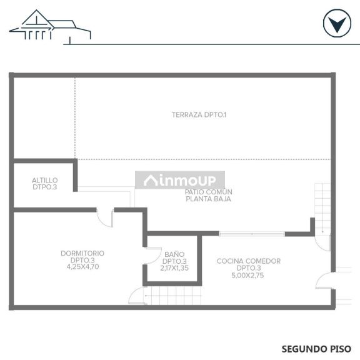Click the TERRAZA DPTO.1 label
pos(199,114)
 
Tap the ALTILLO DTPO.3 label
pos(45,184)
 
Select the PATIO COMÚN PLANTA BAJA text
pos(209,195)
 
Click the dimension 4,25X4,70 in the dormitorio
pos(82,266)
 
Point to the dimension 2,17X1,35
pos(174,268)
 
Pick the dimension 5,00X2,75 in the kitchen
pos(247,275)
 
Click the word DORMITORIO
pos(82,253)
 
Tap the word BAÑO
pos(174,254)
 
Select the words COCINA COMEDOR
pos(249,261)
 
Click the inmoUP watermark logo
pos(180,180)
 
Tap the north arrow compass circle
pos(337,23)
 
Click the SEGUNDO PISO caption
pos(316,349)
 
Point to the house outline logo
pos(50,26)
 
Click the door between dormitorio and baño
pos(152,256)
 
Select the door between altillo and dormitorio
pos(105,217)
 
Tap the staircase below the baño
pos(172,296)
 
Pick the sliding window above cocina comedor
pos(252,234)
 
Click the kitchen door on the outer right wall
pos(325,281)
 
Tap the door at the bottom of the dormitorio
pos(137,296)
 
